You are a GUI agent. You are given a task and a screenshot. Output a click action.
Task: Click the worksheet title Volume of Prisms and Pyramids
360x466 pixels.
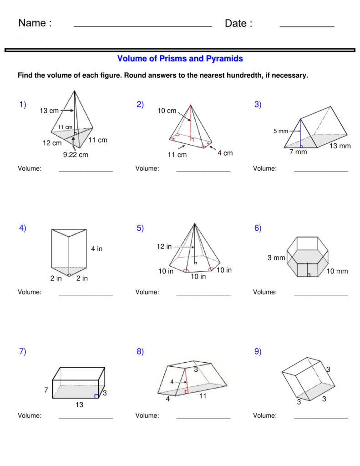pyautogui.click(x=180, y=59)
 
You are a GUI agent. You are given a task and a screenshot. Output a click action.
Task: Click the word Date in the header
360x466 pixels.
pyautogui.click(x=238, y=24)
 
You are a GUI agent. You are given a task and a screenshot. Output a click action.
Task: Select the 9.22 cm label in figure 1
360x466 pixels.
pyautogui.click(x=76, y=155)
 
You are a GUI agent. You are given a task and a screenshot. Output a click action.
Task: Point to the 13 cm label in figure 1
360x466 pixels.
pyautogui.click(x=49, y=111)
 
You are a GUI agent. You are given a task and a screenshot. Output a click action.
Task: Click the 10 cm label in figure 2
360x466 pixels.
pyautogui.click(x=167, y=111)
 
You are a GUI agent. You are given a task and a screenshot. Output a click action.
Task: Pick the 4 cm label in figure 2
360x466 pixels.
pyautogui.click(x=225, y=153)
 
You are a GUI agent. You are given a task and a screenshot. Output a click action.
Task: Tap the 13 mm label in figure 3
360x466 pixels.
pyautogui.click(x=340, y=146)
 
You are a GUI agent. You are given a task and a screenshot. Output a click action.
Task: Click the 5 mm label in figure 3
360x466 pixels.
pyautogui.click(x=281, y=131)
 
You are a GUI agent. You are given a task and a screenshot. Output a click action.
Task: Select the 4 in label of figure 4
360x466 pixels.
pyautogui.click(x=96, y=249)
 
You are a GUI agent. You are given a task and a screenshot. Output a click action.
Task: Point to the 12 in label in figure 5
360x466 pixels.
pyautogui.click(x=164, y=247)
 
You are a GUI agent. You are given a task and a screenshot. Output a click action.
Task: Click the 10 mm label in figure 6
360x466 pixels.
pyautogui.click(x=337, y=271)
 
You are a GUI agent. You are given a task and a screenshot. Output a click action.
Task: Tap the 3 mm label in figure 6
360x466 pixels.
pyautogui.click(x=276, y=258)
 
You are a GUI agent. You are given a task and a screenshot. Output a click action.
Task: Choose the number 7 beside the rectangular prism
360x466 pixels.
pyautogui.click(x=46, y=390)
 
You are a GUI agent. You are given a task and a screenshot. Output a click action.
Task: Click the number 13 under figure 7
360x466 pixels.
pyautogui.click(x=79, y=405)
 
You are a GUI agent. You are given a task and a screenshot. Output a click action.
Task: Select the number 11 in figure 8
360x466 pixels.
pyautogui.click(x=203, y=396)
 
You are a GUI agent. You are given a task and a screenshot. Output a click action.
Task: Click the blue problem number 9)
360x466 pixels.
pyautogui.click(x=258, y=351)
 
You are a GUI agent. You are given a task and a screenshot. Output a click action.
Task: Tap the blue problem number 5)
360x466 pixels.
pyautogui.click(x=140, y=228)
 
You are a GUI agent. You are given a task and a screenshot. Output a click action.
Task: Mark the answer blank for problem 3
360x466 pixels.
pyautogui.click(x=321, y=171)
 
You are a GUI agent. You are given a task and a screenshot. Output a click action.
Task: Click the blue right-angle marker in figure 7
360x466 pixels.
pyautogui.click(x=96, y=396)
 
